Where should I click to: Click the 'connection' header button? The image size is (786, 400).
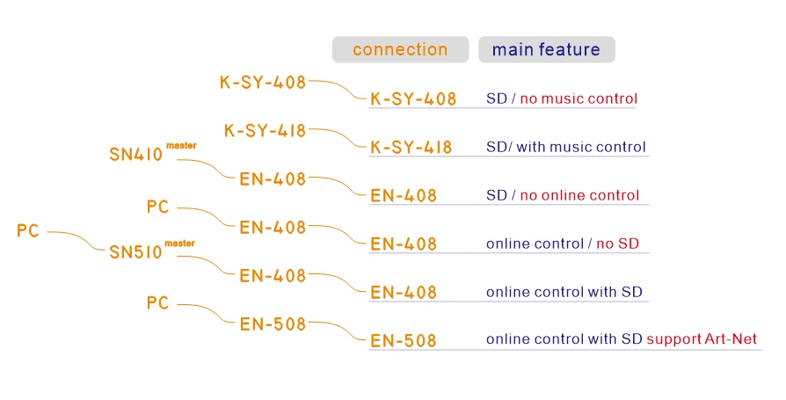pos(400,50)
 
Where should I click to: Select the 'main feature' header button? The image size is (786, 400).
pos(546,50)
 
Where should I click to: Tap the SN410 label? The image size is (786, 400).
pos(136,156)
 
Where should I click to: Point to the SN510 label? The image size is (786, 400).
pos(136,253)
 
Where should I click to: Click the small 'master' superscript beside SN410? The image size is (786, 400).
pos(181,146)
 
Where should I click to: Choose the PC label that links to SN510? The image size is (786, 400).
pos(28,231)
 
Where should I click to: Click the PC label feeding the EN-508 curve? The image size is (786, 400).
pos(157,303)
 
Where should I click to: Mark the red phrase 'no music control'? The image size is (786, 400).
pos(579,98)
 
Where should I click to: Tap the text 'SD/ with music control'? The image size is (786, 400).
pos(565,147)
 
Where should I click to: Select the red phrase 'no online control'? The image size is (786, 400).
pos(579,195)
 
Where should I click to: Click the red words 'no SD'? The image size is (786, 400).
pos(617,244)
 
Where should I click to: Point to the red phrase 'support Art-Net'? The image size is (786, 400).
pos(702,339)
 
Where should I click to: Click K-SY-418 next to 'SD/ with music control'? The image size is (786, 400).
pos(411,148)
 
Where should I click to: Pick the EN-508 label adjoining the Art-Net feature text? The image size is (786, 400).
pos(404,341)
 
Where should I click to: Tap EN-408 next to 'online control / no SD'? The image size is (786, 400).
pos(404,244)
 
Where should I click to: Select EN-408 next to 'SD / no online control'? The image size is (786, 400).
pos(404,196)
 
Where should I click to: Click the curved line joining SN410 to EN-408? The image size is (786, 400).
pos(211,168)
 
